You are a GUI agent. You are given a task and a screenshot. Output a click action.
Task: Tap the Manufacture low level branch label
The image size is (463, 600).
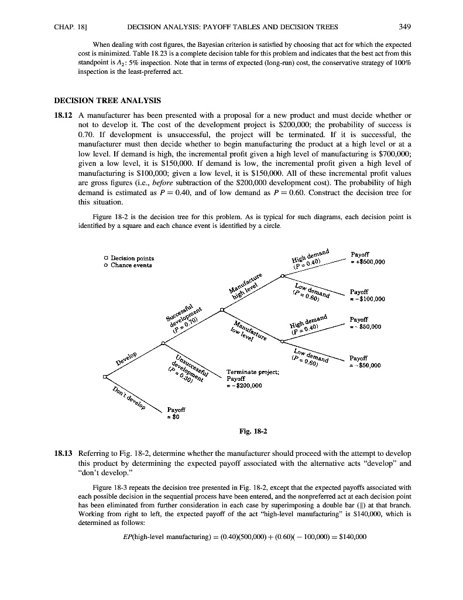(x=249, y=332)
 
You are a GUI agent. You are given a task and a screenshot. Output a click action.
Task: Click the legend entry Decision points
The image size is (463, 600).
(x=128, y=258)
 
